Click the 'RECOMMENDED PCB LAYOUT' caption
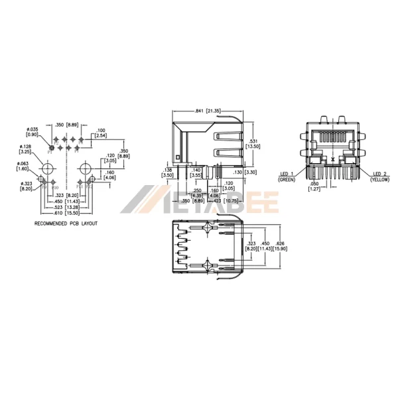[x=66, y=224]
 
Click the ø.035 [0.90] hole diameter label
[x=33, y=131]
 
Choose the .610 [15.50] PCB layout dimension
[x=65, y=212]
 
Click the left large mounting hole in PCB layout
[x=47, y=166]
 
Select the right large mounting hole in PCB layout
[x=85, y=166]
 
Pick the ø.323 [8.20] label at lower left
[x=26, y=186]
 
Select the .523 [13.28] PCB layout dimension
[x=65, y=207]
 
